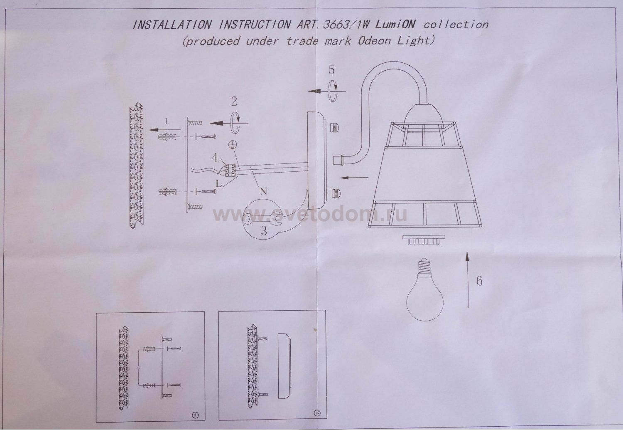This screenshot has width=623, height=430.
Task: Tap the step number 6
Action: point(479,281)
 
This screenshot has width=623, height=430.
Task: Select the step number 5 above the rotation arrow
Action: point(331,70)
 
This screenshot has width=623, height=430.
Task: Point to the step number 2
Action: point(234,101)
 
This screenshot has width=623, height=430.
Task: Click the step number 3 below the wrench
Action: point(264,231)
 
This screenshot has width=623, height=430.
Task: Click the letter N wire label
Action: point(263,191)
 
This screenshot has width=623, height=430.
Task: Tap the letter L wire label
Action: point(218,184)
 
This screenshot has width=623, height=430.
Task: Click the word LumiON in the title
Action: point(395,25)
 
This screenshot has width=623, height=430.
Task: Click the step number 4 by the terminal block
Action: point(215,158)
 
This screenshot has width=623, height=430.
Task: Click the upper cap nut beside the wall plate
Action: point(335,128)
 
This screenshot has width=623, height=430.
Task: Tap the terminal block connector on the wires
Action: point(229,171)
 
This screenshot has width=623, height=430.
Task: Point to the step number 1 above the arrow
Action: point(166,121)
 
